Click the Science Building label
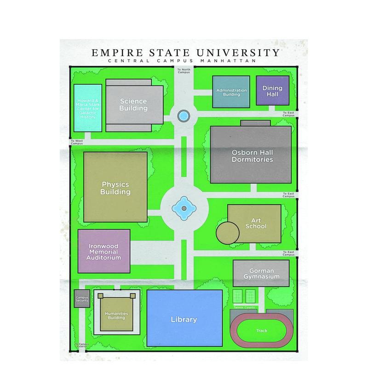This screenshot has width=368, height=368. pos(133,105)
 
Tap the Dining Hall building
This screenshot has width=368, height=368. pos(272,91)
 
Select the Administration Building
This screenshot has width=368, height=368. pos(231,92)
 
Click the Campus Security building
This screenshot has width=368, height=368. pos(82,298)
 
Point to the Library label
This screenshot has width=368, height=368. pos(184,319)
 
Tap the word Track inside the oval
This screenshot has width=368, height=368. pos(261,331)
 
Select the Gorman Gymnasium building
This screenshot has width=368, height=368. pos(261,273)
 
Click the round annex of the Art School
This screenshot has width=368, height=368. pos(229,232)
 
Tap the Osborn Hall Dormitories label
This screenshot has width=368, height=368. pos(252,155)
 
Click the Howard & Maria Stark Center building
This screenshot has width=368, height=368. pos(88,109)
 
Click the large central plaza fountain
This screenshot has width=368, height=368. pos(184,208)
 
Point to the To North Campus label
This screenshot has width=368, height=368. pos(184,70)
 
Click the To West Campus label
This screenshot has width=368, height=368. pos(77,142)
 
